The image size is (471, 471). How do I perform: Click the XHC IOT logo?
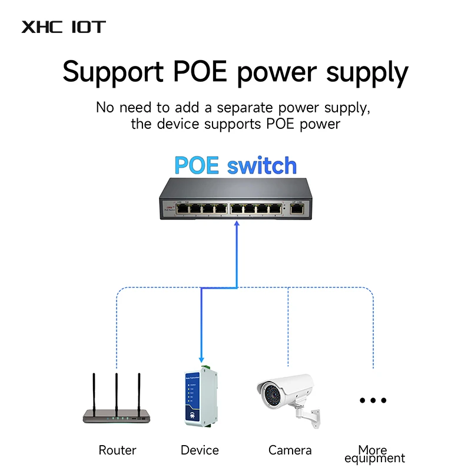click(x=64, y=27)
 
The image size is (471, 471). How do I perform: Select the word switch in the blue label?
click(x=261, y=165)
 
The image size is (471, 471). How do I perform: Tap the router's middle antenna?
click(x=117, y=392)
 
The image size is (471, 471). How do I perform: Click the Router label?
click(x=117, y=450)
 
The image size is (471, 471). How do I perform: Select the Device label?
click(x=200, y=450)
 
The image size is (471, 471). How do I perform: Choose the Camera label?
click(x=290, y=450)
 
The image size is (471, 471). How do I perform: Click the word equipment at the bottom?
click(x=374, y=459)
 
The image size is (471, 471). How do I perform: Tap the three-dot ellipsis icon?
click(x=373, y=400)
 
